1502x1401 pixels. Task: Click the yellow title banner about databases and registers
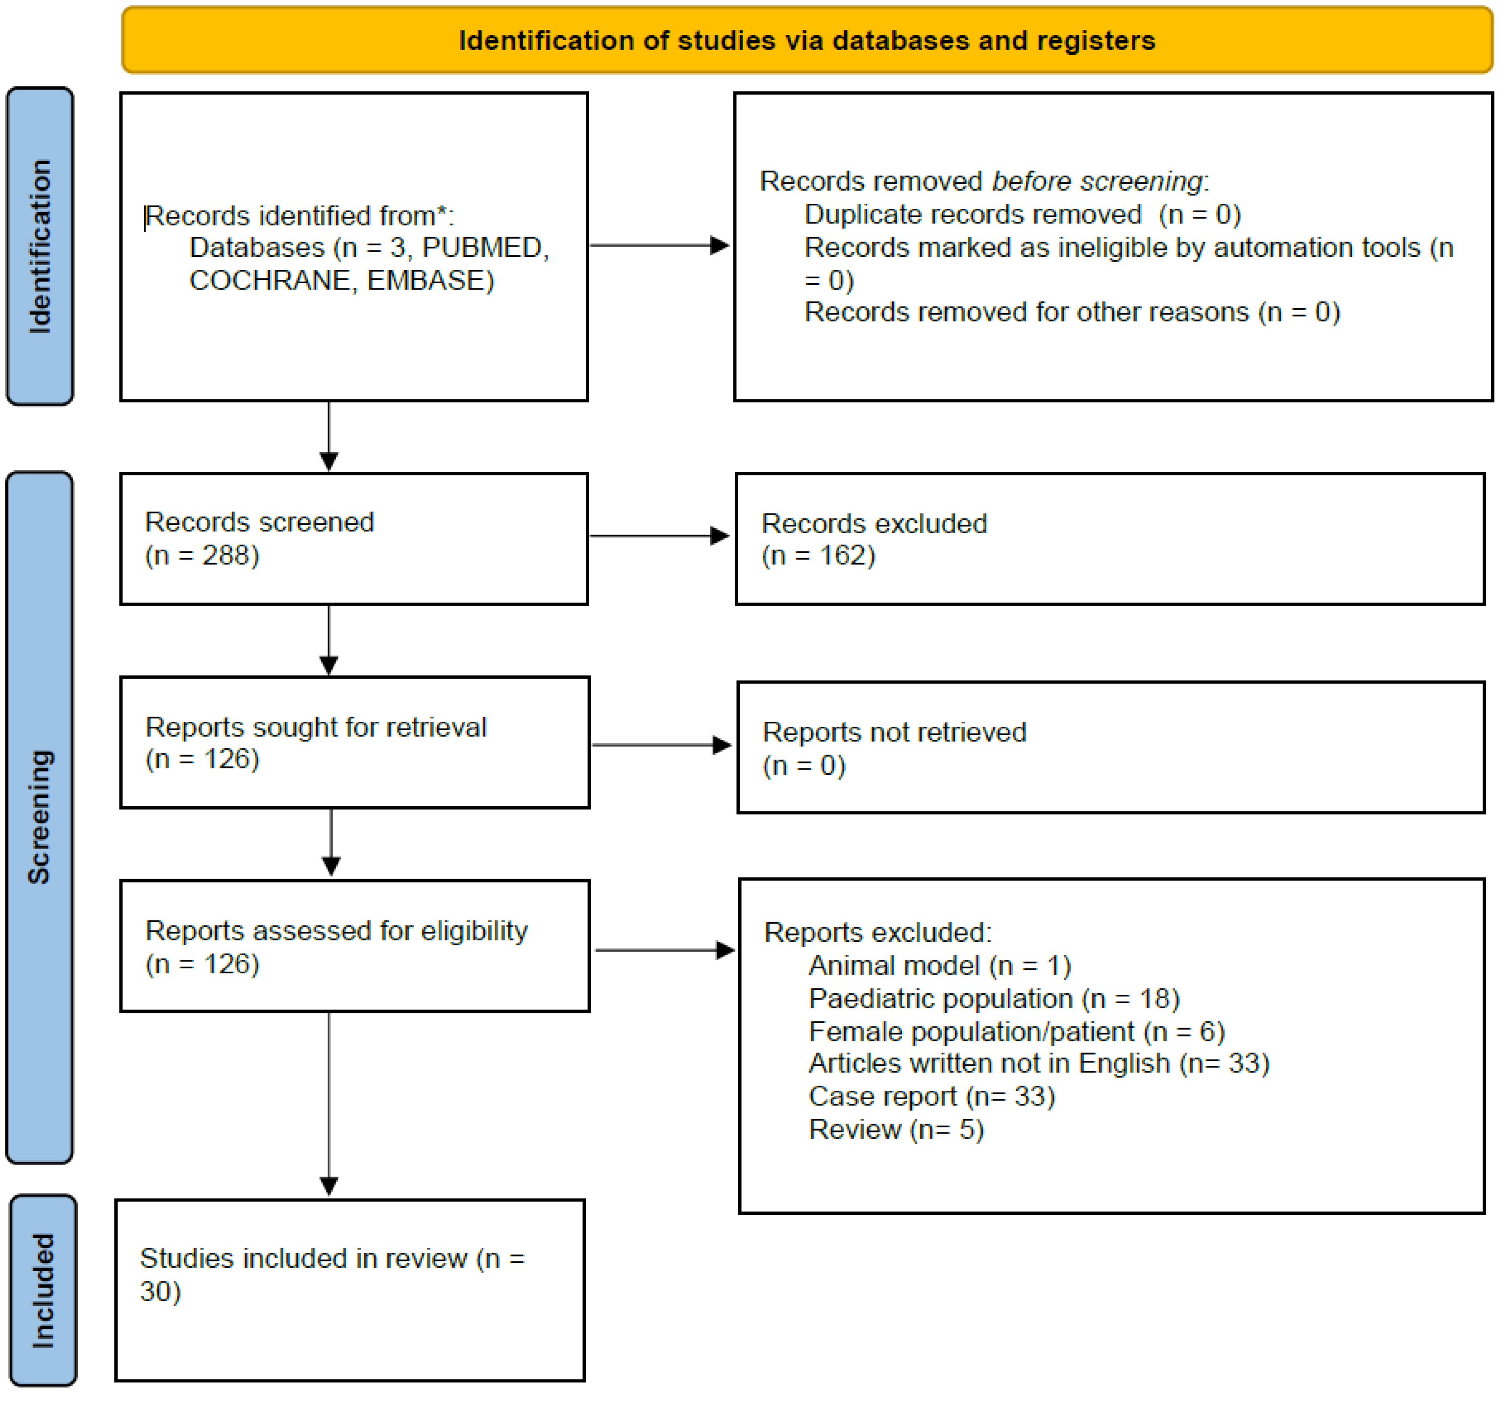(x=806, y=40)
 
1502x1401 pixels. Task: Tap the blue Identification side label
(x=40, y=246)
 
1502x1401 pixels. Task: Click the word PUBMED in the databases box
(x=483, y=248)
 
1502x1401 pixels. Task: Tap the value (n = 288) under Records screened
(x=202, y=556)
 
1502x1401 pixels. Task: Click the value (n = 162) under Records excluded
(x=818, y=556)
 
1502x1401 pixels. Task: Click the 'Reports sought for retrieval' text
(x=315, y=727)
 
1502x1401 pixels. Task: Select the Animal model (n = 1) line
(x=939, y=965)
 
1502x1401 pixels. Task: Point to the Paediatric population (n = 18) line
(x=994, y=999)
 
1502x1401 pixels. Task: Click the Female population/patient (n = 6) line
(x=1016, y=1032)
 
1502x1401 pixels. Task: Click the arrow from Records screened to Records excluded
(x=659, y=536)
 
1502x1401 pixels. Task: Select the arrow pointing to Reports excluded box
(x=665, y=950)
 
